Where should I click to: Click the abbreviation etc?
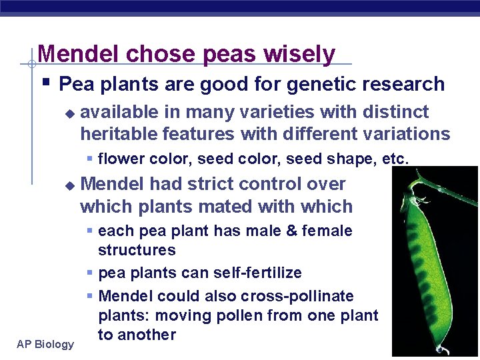395,159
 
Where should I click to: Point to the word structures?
137,250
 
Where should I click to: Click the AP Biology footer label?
46,344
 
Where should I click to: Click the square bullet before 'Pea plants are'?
45,84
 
